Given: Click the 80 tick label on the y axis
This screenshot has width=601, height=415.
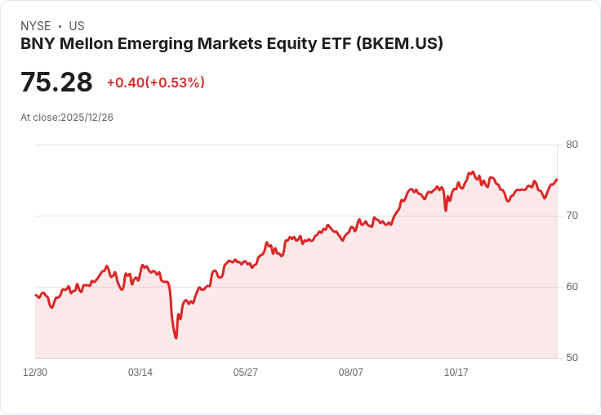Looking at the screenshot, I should (572, 145).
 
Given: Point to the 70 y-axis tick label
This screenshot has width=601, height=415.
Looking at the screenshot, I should (572, 216).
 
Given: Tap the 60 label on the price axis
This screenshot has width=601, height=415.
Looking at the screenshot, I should (572, 287).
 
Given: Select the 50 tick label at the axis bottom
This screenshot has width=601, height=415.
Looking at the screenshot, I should (572, 358).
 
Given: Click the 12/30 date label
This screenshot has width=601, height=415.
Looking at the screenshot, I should (35, 373).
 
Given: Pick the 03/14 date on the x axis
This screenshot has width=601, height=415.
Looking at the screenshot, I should (140, 373).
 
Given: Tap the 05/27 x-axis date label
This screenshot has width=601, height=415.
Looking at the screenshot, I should (246, 373).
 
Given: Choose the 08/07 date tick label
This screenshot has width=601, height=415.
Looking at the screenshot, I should (351, 373).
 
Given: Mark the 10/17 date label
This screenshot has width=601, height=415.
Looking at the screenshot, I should (456, 373).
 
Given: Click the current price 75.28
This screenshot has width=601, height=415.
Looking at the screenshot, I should (56, 83).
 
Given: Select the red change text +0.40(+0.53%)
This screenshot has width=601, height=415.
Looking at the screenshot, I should (156, 83).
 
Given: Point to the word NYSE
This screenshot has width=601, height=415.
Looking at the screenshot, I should (36, 26).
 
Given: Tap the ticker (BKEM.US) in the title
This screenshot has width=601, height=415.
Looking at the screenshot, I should (399, 44).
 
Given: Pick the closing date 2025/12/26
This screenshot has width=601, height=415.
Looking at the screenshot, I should (87, 118).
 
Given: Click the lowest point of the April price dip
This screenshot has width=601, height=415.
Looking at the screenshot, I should (176, 337).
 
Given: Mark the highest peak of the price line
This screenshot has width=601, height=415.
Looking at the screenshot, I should (473, 172).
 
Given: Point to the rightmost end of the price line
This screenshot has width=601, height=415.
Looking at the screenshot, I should (557, 180).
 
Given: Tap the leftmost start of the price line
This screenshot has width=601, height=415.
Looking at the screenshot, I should (36, 295).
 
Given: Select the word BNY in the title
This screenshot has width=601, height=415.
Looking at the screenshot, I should (36, 44).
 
